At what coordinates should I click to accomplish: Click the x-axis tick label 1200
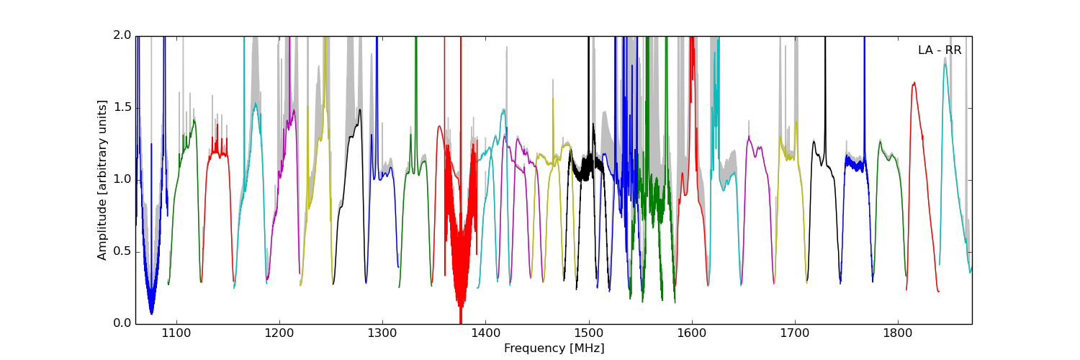pyautogui.click(x=279, y=333)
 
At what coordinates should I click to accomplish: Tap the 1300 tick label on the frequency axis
pyautogui.click(x=382, y=333)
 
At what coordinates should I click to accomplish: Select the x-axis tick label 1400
pyautogui.click(x=485, y=333)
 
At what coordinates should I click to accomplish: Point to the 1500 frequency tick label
pyautogui.click(x=588, y=333)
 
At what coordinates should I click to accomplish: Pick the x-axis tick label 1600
pyautogui.click(x=692, y=333)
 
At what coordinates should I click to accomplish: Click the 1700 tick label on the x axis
pyautogui.click(x=795, y=333)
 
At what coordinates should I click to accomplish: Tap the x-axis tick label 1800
pyautogui.click(x=898, y=333)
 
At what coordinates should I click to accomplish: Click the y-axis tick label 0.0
pyautogui.click(x=123, y=323)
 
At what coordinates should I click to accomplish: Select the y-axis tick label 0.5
pyautogui.click(x=123, y=251)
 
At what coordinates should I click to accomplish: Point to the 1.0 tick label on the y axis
pyautogui.click(x=123, y=179)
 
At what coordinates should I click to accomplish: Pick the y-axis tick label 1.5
pyautogui.click(x=123, y=107)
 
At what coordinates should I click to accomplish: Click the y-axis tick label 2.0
pyautogui.click(x=123, y=35)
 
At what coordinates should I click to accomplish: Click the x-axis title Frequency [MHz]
pyautogui.click(x=554, y=348)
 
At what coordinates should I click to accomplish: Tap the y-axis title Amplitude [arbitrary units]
pyautogui.click(x=102, y=179)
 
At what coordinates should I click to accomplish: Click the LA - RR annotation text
pyautogui.click(x=939, y=50)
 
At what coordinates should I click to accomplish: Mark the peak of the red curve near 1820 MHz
pyautogui.click(x=914, y=82)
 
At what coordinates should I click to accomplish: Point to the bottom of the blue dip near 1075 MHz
pyautogui.click(x=151, y=313)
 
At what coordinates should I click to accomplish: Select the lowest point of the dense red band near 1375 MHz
pyautogui.click(x=460, y=322)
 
